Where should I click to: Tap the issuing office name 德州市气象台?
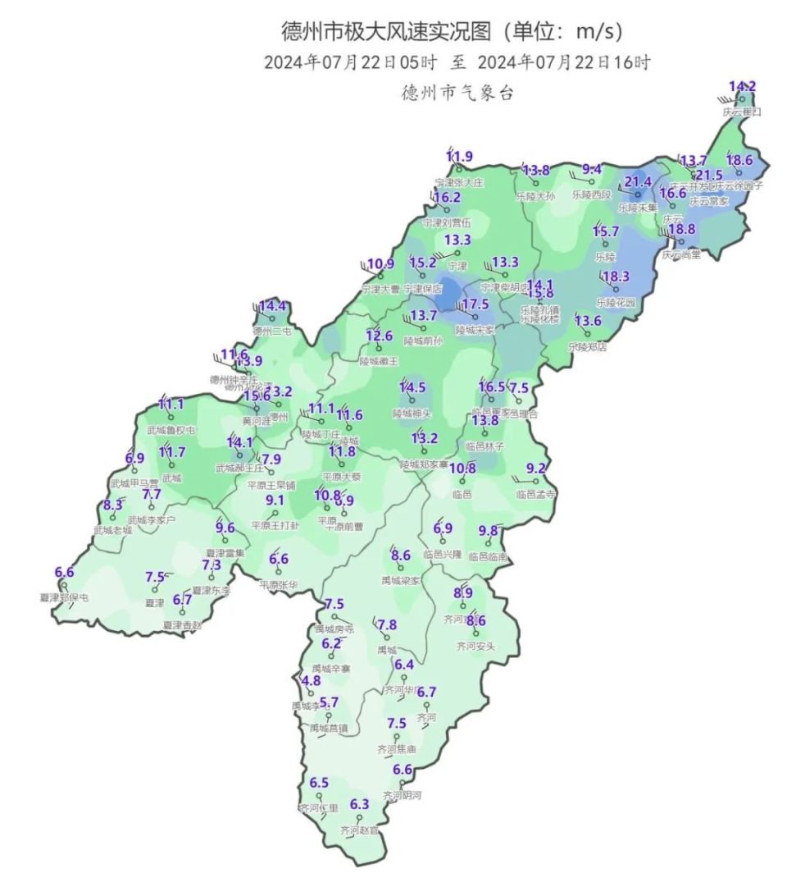pyautogui.click(x=457, y=92)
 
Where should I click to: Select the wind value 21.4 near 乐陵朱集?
pyautogui.click(x=638, y=182)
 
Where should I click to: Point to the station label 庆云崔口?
pyautogui.click(x=742, y=111)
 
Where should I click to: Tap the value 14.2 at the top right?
pyautogui.click(x=743, y=86)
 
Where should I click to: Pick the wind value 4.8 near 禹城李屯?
pyautogui.click(x=312, y=681)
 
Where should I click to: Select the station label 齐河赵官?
pyautogui.click(x=360, y=830)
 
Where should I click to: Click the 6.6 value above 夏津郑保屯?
pyautogui.click(x=64, y=572)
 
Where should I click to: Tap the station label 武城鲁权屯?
pyautogui.click(x=171, y=429)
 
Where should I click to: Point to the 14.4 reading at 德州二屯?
pyautogui.click(x=272, y=307)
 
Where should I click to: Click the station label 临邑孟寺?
pyautogui.click(x=536, y=494)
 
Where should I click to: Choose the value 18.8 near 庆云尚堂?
pyautogui.click(x=681, y=229)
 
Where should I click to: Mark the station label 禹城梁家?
pyautogui.click(x=401, y=580)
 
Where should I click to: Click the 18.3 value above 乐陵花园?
pyautogui.click(x=616, y=277)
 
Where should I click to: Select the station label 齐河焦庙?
pyautogui.click(x=397, y=749)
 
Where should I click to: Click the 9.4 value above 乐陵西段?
pyautogui.click(x=592, y=170)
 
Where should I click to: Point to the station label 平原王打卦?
pyautogui.click(x=275, y=525)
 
